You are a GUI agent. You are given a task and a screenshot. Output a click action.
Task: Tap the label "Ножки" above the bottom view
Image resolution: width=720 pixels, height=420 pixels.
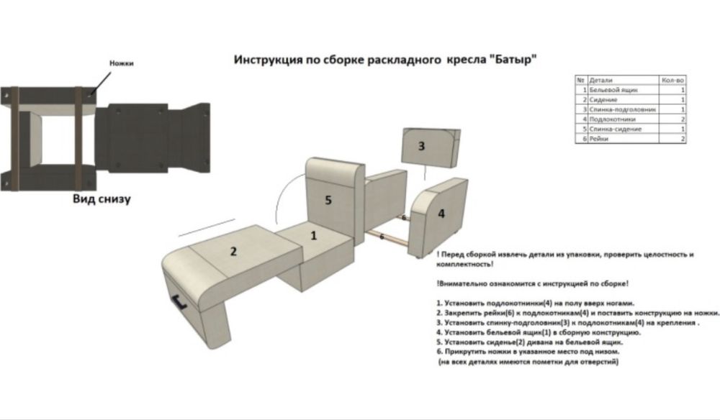click(121, 63)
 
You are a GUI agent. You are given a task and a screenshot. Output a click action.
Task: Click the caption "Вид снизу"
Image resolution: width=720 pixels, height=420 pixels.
click(102, 199)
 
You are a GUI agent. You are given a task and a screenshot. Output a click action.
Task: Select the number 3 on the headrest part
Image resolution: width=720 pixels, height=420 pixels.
click(421, 146)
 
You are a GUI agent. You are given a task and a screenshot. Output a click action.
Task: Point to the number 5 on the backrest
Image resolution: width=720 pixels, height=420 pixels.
click(328, 200)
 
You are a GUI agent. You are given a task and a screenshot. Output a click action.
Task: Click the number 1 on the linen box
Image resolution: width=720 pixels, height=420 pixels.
click(313, 234)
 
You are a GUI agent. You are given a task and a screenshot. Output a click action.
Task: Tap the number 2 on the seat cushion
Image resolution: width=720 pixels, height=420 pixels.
click(233, 251)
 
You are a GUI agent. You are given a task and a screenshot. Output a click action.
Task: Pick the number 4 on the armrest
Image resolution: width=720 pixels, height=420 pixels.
click(441, 213)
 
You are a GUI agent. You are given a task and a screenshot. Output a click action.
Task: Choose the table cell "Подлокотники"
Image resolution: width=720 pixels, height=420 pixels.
click(611, 119)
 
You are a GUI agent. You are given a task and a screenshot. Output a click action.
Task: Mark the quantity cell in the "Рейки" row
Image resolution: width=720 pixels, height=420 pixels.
click(682, 139)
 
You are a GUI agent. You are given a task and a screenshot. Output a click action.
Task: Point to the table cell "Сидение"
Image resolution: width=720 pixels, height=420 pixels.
click(603, 100)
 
